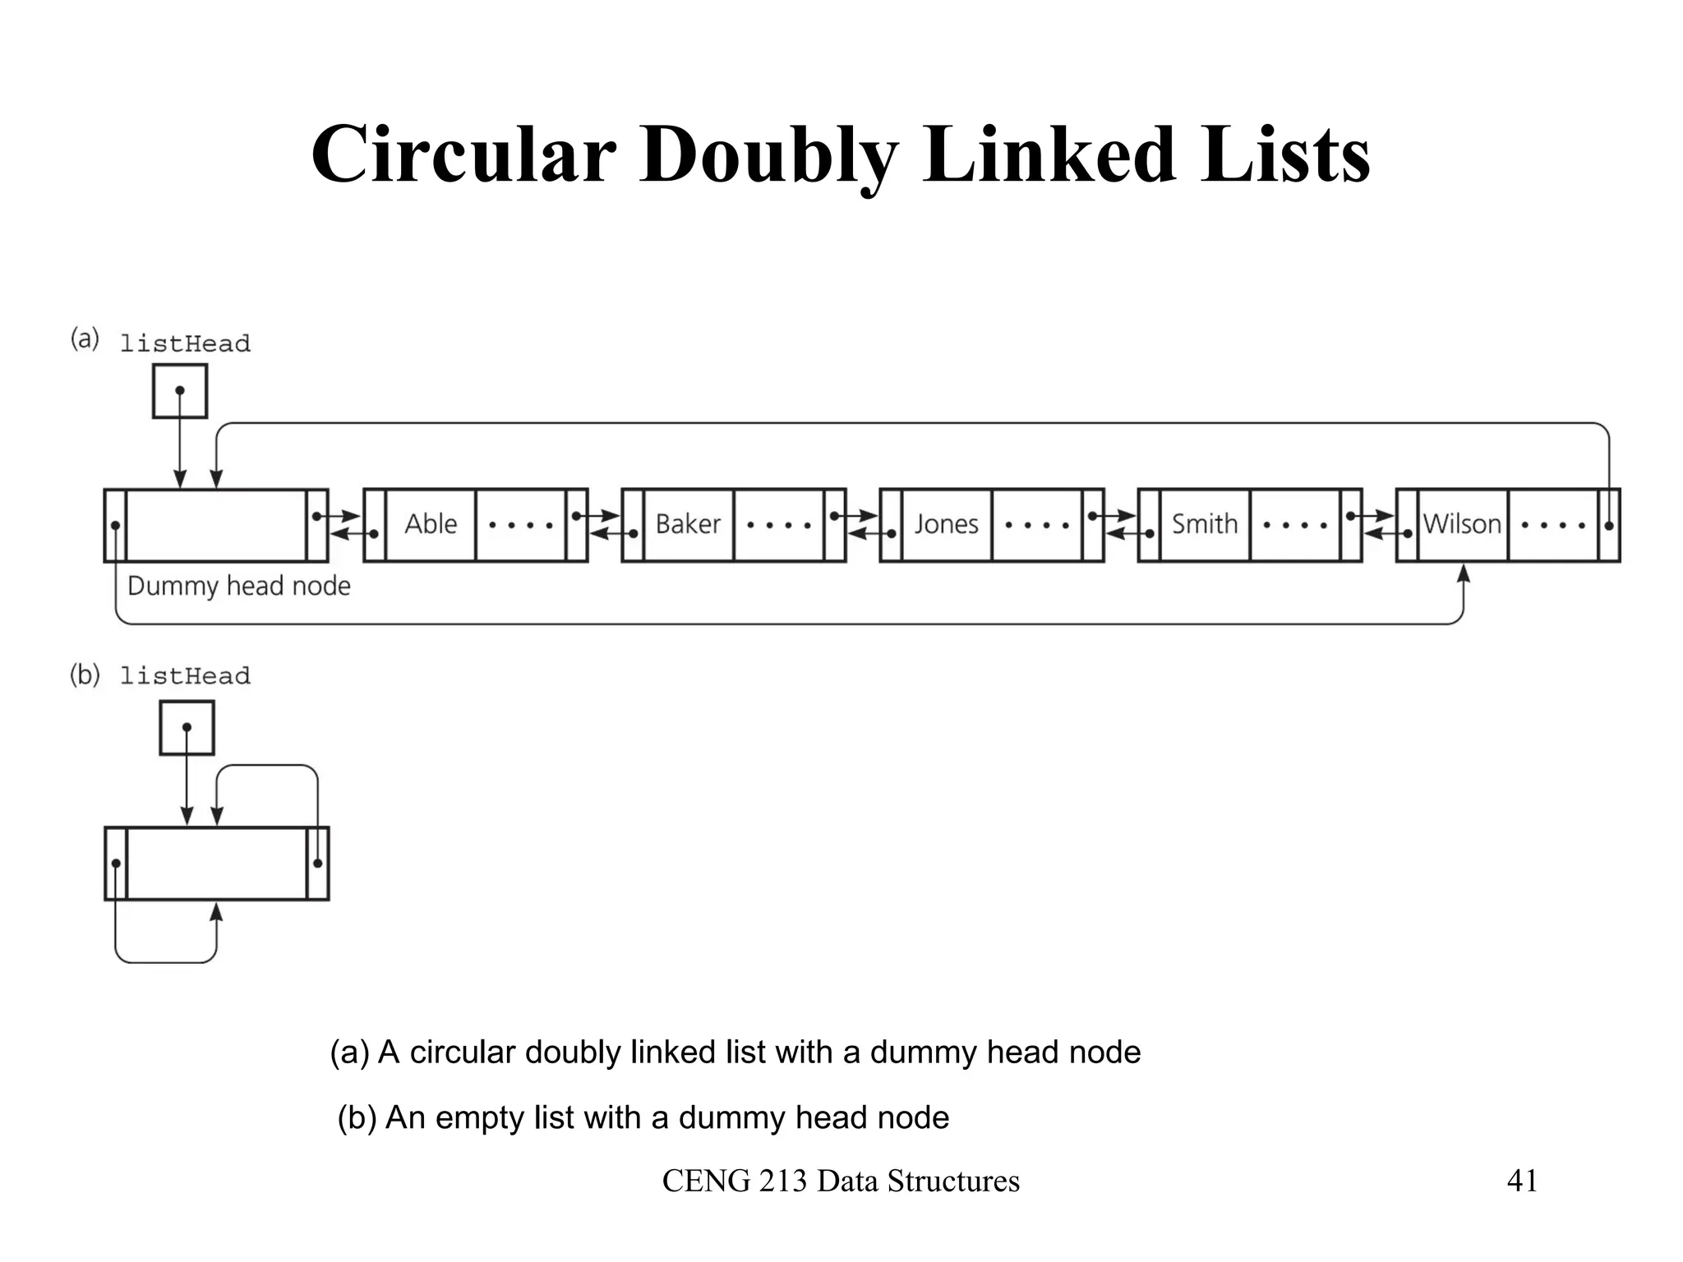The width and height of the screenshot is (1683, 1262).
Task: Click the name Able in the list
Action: click(431, 524)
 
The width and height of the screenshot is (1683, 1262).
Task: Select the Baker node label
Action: click(688, 524)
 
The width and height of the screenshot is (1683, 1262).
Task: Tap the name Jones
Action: click(947, 524)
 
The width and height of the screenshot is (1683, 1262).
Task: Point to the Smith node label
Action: click(1204, 524)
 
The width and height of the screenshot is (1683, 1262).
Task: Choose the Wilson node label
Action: click(1462, 524)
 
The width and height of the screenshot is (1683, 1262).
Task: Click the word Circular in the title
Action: click(463, 154)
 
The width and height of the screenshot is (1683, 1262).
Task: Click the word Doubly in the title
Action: click(769, 156)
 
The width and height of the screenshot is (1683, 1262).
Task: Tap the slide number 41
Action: click(1522, 1181)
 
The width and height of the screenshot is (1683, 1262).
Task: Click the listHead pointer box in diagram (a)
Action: click(180, 391)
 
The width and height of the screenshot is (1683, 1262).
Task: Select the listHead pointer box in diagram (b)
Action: click(187, 728)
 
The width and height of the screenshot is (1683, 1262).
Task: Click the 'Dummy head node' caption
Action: click(238, 586)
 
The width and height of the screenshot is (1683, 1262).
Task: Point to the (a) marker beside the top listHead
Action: click(85, 339)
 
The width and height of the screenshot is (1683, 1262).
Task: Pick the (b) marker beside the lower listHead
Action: click(85, 675)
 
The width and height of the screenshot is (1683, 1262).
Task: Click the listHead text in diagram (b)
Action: click(185, 677)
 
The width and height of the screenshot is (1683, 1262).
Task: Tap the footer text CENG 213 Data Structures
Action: click(841, 1181)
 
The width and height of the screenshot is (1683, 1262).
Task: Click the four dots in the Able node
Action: click(521, 525)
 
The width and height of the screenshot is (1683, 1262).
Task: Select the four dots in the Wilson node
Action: click(1553, 525)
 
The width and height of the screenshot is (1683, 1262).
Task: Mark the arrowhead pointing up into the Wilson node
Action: click(1463, 572)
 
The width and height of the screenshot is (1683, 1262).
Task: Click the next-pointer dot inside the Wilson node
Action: click(1608, 526)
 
